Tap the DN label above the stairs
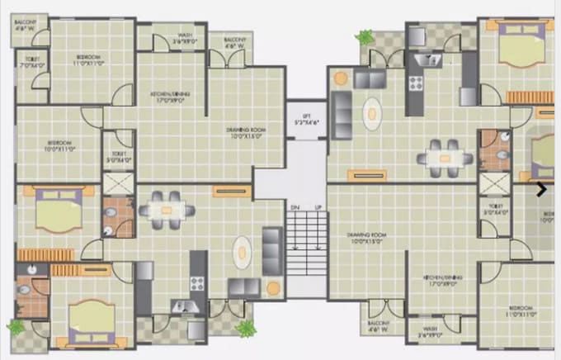295,206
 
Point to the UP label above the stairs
318,206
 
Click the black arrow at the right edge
541,189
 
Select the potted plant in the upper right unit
364,38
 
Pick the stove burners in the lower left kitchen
197,282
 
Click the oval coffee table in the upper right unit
375,112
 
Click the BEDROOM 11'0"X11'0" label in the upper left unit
90,59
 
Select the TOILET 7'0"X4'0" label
32,62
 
